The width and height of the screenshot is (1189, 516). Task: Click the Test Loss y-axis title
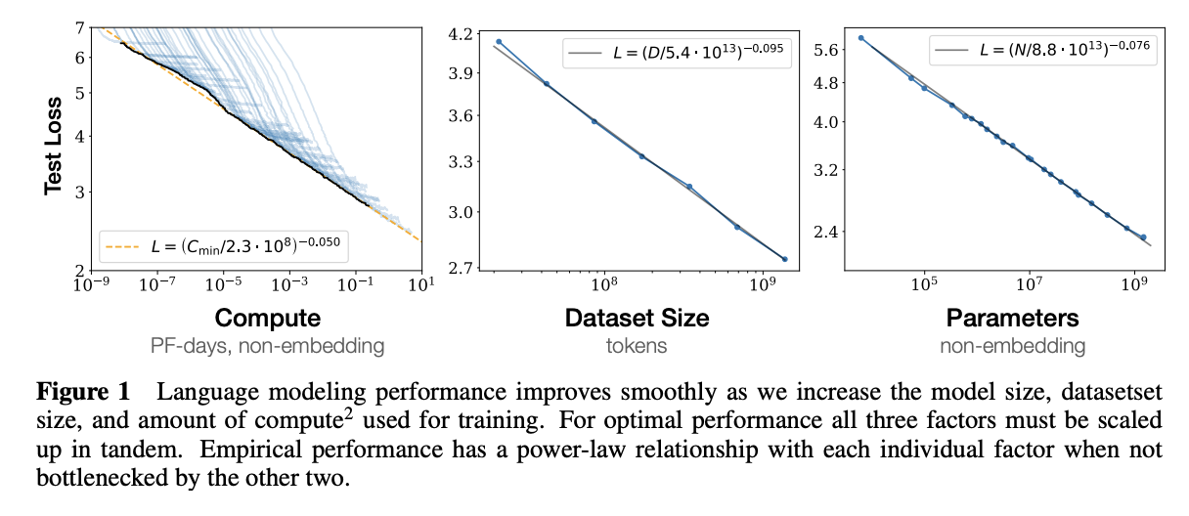(54, 146)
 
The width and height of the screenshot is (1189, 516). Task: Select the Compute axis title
(267, 318)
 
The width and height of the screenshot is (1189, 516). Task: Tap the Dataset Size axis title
(637, 318)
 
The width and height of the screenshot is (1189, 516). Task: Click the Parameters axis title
(1012, 318)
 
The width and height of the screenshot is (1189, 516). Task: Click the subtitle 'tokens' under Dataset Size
(637, 345)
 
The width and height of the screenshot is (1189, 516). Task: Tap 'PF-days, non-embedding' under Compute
(267, 345)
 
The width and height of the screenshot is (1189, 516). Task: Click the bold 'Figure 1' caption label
(83, 394)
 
